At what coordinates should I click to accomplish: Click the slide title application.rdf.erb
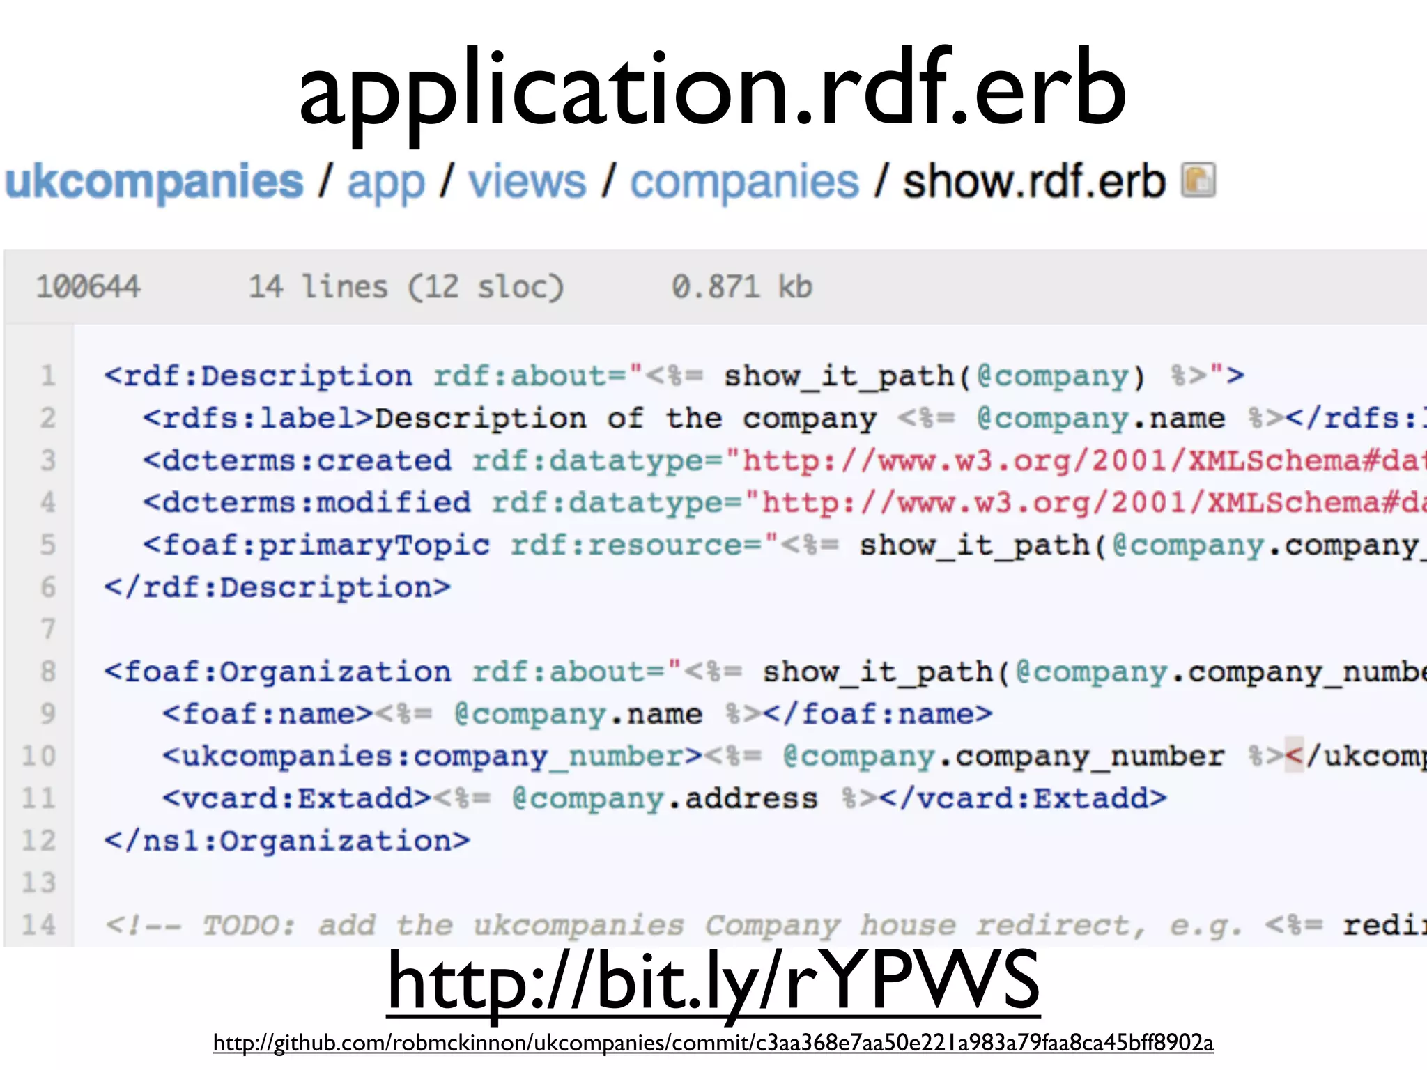(x=712, y=89)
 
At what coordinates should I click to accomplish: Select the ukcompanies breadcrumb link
(x=154, y=182)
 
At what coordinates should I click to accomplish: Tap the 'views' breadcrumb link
(x=527, y=182)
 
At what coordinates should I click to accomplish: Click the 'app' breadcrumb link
(x=386, y=183)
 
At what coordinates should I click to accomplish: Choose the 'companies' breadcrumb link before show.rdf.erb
(x=744, y=182)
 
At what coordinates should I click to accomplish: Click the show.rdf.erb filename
(x=1034, y=182)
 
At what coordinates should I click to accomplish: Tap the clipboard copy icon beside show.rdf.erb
(x=1198, y=180)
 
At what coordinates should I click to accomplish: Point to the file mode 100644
(x=88, y=287)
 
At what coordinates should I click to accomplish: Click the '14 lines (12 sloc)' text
(x=406, y=287)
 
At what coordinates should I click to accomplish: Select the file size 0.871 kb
(x=741, y=287)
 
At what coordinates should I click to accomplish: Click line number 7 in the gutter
(x=47, y=629)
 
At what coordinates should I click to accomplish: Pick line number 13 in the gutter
(x=39, y=883)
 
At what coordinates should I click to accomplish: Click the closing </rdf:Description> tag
(x=277, y=587)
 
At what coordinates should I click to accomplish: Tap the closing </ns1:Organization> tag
(x=287, y=841)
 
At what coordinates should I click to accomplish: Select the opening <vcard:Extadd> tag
(x=298, y=798)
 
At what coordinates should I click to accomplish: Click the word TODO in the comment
(x=248, y=925)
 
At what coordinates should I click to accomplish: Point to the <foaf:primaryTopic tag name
(x=316, y=545)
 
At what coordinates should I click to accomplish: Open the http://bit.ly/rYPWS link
(x=713, y=982)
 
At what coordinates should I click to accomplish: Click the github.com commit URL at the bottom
(x=713, y=1043)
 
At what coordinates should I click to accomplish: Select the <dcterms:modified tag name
(x=307, y=502)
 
